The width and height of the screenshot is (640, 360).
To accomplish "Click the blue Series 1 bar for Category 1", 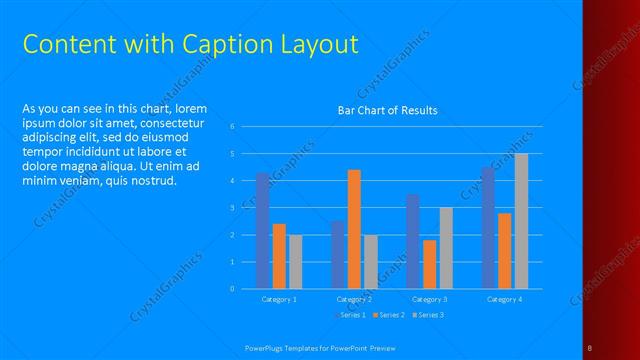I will click(x=263, y=231).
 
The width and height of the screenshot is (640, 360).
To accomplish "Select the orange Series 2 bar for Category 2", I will click(x=354, y=229).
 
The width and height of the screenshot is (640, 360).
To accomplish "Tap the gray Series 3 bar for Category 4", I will click(x=521, y=221).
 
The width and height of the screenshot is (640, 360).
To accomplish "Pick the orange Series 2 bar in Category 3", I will click(x=430, y=264).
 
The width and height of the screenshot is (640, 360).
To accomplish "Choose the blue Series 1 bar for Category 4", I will click(x=488, y=228).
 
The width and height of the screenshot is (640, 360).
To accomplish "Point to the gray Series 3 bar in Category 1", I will click(x=295, y=262).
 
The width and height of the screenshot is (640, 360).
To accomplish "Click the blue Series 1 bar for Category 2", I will click(x=338, y=255).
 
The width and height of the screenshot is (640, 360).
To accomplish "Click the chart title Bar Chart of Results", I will click(x=388, y=110).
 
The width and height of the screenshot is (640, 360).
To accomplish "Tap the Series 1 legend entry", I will click(x=350, y=315).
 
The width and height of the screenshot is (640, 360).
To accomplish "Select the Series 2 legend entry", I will click(x=389, y=315).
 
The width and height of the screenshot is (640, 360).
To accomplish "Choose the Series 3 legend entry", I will click(x=428, y=315).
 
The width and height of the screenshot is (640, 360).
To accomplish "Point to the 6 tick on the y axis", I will click(x=232, y=127).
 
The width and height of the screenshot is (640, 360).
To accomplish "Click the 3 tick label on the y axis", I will click(x=232, y=208).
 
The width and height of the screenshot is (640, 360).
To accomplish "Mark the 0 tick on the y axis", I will click(x=232, y=289).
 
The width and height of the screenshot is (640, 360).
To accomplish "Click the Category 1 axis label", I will click(x=279, y=299).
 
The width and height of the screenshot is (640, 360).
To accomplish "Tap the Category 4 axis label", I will click(x=504, y=299).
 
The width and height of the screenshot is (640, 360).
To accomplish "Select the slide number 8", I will click(x=590, y=347).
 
